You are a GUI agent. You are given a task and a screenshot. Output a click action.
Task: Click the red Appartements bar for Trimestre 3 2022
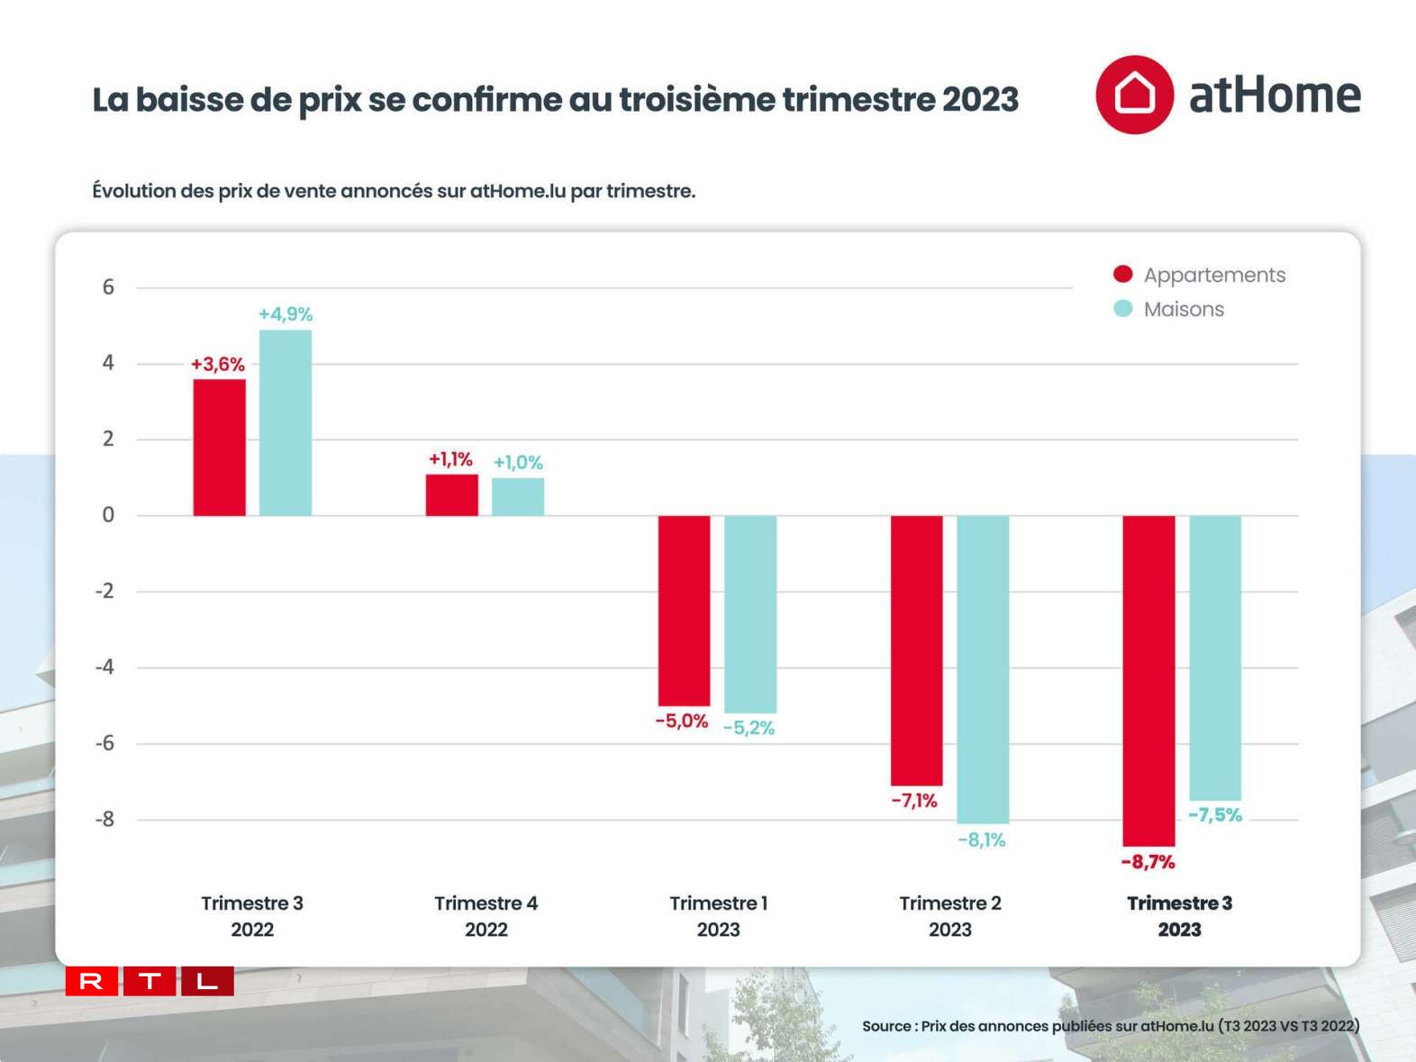(219, 447)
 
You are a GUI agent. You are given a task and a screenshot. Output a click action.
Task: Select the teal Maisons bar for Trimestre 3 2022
(286, 422)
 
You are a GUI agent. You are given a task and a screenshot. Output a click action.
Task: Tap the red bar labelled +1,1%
(451, 495)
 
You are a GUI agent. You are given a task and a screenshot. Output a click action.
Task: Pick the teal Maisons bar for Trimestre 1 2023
(750, 614)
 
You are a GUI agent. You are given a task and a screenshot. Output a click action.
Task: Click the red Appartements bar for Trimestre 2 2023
(917, 650)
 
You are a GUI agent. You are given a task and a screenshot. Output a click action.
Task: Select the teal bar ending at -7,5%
(1215, 658)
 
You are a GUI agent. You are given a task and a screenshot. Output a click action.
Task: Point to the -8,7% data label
(1148, 862)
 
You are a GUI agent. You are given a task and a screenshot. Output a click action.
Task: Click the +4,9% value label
(286, 314)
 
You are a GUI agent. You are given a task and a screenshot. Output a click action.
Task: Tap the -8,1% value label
(982, 840)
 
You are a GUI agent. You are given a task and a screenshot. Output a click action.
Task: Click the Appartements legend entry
(1199, 275)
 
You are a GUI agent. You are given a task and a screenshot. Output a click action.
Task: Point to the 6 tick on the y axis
(108, 287)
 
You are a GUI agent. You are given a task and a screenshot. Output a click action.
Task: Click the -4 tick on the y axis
(106, 667)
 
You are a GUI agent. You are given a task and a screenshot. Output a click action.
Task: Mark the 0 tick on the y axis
(108, 515)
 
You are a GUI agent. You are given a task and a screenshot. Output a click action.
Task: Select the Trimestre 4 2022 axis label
(486, 916)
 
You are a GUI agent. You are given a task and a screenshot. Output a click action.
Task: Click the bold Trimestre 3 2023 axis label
(1179, 916)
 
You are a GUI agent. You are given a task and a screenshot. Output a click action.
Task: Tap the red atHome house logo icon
(1134, 95)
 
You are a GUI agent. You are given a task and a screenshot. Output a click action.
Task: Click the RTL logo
(150, 981)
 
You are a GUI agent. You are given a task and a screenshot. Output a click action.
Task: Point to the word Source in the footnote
(886, 1026)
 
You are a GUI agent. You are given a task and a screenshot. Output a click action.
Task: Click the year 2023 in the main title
(980, 99)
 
